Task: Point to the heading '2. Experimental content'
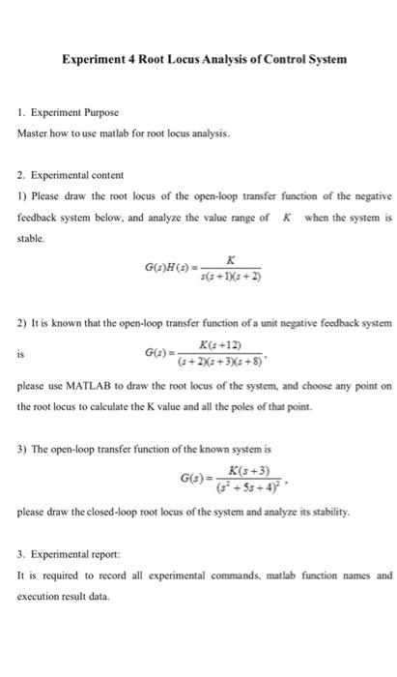pos(71,177)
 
